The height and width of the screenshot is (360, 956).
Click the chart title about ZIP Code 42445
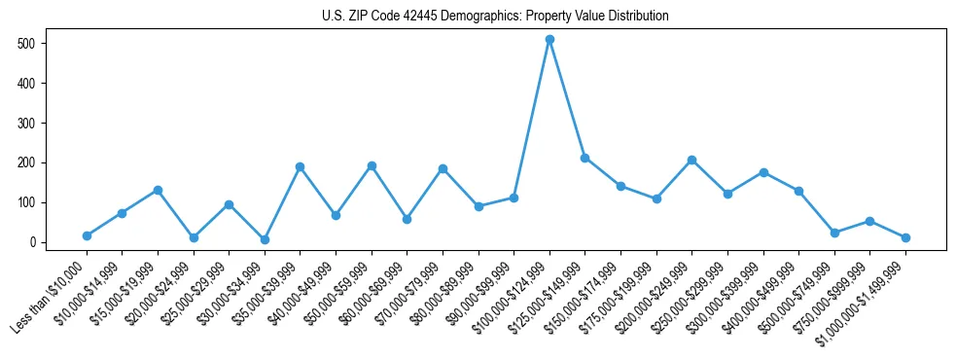coord(495,17)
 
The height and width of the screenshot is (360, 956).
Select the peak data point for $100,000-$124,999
coord(549,40)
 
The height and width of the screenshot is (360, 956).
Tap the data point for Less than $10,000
coord(87,235)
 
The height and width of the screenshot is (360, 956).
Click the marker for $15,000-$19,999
coord(158,190)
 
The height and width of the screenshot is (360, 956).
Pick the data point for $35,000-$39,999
coord(301,166)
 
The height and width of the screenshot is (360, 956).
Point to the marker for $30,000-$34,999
coord(265,239)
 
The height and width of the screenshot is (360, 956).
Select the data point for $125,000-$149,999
coord(585,158)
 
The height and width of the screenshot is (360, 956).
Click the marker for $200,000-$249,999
coord(692,160)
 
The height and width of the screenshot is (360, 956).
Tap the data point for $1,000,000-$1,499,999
coord(905,237)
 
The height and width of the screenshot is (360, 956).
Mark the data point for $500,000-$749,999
coord(834,233)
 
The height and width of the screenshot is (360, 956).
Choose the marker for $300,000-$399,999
coord(763,172)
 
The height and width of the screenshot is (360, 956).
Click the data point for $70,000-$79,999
coord(443,168)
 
